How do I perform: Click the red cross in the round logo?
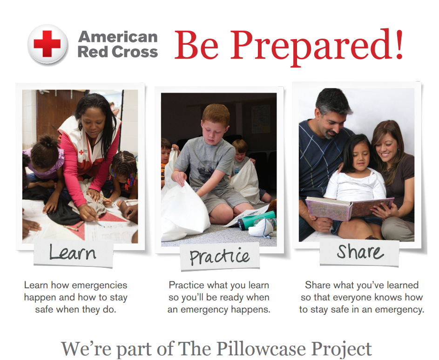47,44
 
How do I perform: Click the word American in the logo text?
118,37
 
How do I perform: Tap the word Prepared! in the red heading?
317,47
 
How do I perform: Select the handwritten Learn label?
73,252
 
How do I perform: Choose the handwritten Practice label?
220,256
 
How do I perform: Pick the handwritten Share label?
360,251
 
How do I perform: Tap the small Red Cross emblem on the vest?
81,152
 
